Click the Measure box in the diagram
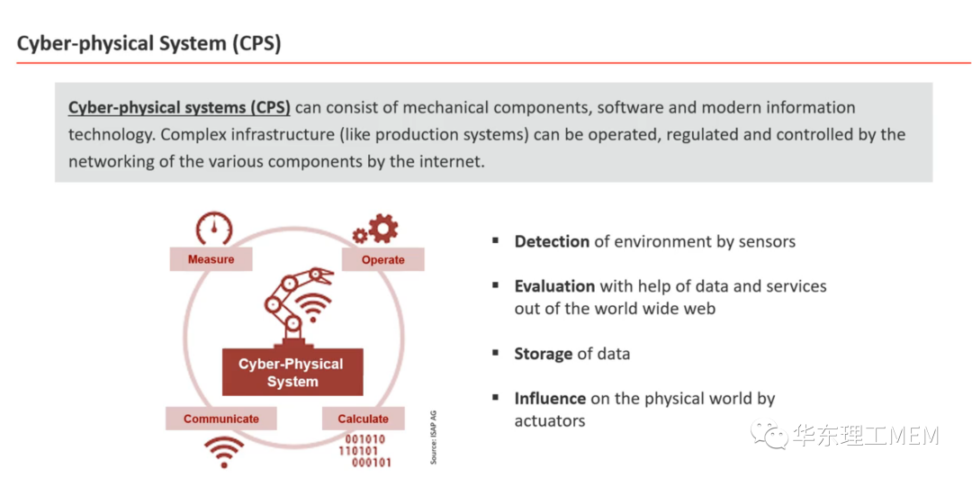[211, 259]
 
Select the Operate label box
[383, 259]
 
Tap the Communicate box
[220, 419]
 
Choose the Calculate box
[364, 419]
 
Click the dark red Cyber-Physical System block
[292, 372]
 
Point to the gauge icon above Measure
[214, 229]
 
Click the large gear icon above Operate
[382, 228]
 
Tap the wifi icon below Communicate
[224, 451]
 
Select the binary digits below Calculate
[365, 451]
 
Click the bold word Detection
[552, 241]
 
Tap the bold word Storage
[543, 354]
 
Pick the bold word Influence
[550, 398]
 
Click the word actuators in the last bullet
[550, 420]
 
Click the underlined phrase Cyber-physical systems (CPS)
[179, 107]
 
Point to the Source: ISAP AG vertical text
[433, 437]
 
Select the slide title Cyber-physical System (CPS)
[148, 44]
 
